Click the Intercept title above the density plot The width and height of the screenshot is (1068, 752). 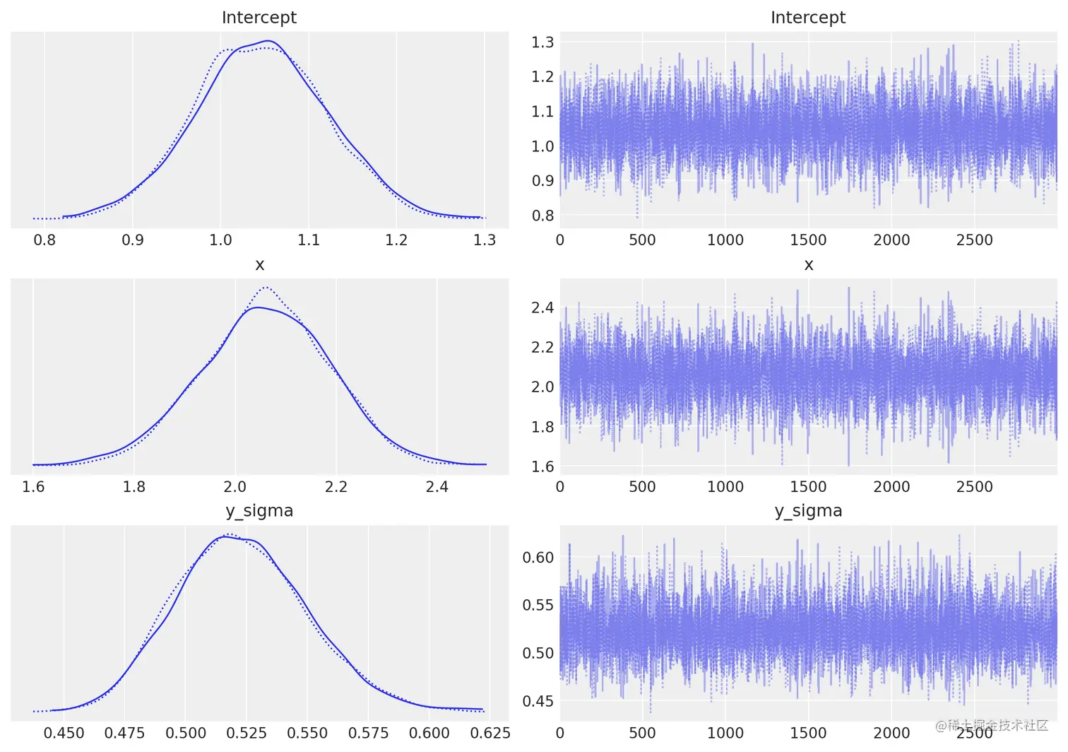point(259,18)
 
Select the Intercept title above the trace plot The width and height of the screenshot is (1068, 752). point(807,18)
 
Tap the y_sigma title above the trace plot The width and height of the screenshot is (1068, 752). point(807,511)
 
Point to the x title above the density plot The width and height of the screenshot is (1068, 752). point(259,265)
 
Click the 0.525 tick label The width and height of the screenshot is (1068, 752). point(247,734)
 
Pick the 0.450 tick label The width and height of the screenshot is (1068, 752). point(64,734)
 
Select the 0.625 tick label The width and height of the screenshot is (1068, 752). point(490,734)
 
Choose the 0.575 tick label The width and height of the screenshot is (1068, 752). point(368,734)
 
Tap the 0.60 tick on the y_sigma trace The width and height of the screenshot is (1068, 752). point(538,558)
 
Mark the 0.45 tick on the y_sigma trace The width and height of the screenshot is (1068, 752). point(538,701)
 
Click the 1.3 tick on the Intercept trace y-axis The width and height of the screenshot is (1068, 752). point(542,42)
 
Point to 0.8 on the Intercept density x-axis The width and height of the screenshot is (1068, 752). point(44,240)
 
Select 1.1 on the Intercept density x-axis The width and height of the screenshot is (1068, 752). point(309,240)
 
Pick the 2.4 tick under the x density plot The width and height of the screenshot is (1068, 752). point(437,487)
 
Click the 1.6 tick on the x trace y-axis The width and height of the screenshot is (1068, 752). point(542,466)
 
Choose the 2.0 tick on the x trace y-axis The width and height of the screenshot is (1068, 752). point(542,387)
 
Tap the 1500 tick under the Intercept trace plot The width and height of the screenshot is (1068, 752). point(808,240)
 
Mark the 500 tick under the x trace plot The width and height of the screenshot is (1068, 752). point(642,487)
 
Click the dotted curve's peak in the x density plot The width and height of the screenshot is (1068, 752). point(266,288)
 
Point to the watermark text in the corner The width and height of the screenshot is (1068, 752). point(992,726)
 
